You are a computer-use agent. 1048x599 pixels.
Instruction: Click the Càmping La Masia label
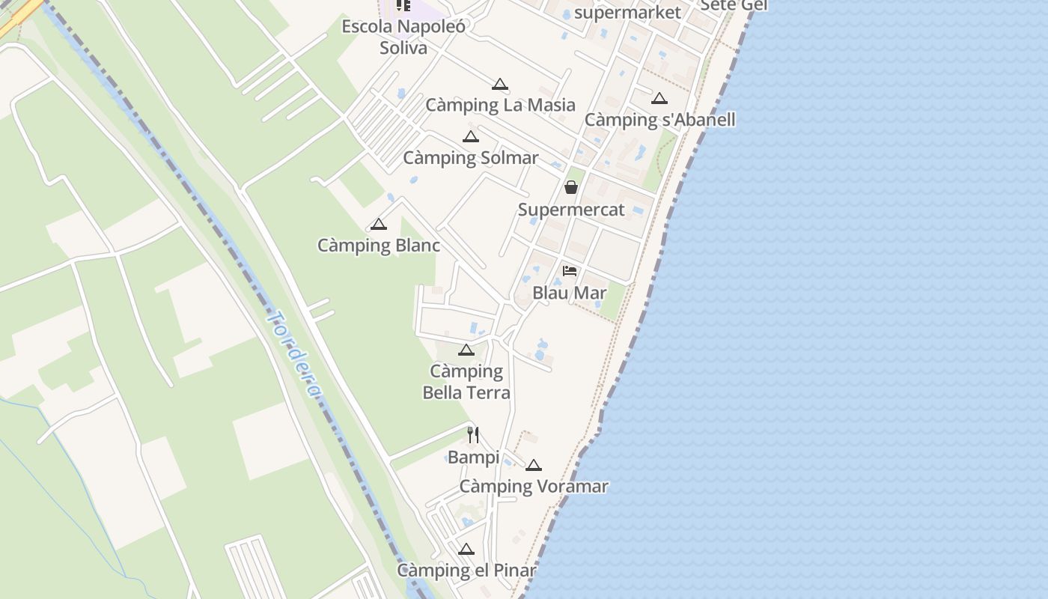500,105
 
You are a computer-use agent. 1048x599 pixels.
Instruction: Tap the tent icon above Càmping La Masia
500,85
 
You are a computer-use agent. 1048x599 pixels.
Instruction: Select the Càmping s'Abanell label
659,120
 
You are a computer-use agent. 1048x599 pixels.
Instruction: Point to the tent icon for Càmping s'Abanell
659,99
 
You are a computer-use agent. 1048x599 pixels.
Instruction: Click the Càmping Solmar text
470,158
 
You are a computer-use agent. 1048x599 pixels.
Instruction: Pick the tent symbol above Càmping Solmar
470,137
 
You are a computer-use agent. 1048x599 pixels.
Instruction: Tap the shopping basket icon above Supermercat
571,187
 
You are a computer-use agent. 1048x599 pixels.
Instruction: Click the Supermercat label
571,210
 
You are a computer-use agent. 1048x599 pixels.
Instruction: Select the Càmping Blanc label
379,246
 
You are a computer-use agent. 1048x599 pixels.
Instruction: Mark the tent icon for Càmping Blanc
379,225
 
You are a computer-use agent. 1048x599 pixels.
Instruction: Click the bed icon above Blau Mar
570,271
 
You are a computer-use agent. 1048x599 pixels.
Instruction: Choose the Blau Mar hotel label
570,293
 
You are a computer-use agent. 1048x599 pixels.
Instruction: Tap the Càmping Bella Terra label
466,382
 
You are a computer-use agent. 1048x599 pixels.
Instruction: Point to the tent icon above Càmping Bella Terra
466,350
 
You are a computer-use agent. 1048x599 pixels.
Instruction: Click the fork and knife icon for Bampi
473,435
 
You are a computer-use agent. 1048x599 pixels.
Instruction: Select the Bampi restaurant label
473,457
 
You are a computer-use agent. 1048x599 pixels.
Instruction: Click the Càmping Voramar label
534,487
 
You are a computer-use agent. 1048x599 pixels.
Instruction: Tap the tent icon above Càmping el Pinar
466,550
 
